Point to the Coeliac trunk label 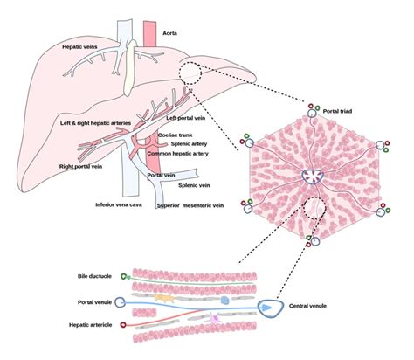[175, 135]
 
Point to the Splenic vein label [192, 185]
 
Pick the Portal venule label [94, 301]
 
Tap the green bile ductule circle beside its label [125, 276]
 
